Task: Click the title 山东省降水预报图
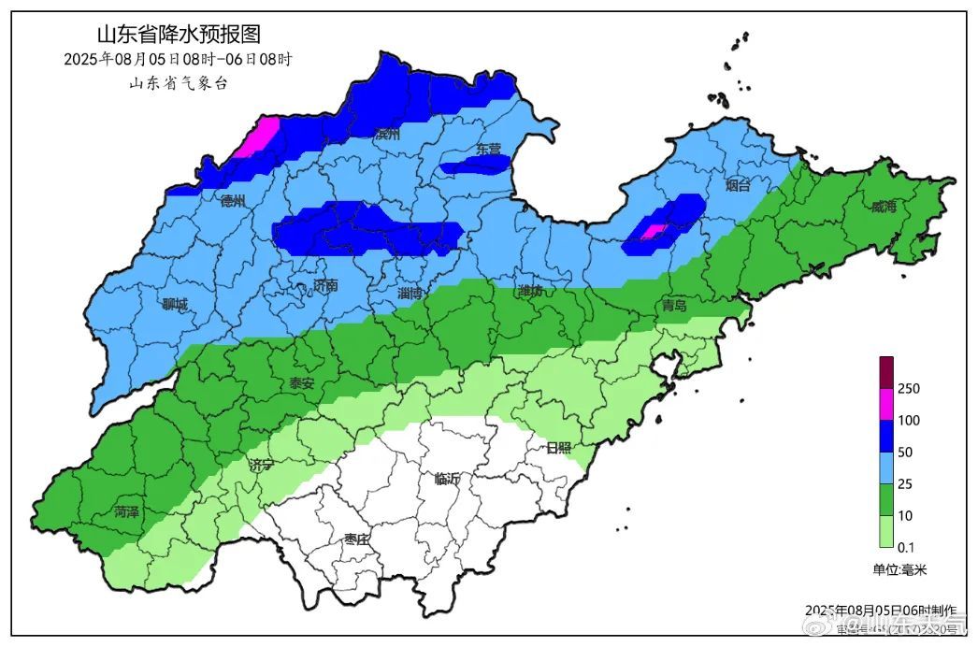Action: point(178,36)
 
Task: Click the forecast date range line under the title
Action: point(178,59)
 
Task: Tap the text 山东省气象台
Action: point(178,82)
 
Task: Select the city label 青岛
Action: point(674,305)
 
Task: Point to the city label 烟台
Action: point(738,185)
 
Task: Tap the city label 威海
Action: point(884,207)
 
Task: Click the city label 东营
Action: point(489,149)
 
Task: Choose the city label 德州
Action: point(232,200)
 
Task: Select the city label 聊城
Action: point(175,304)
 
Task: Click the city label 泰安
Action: point(301,383)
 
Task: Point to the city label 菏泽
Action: point(127,511)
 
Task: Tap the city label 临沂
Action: point(448,479)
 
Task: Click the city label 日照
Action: point(558,448)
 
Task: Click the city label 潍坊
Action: point(531,292)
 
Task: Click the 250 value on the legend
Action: point(909,389)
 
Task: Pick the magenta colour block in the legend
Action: point(886,404)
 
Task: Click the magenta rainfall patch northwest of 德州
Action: point(258,137)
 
